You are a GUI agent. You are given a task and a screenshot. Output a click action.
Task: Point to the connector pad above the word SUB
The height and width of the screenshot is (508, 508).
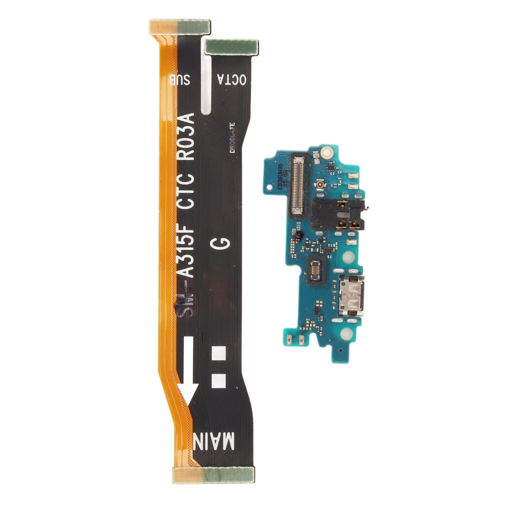pos(179,27)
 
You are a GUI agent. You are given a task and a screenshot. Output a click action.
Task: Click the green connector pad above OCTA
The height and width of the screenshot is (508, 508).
pos(232,46)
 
